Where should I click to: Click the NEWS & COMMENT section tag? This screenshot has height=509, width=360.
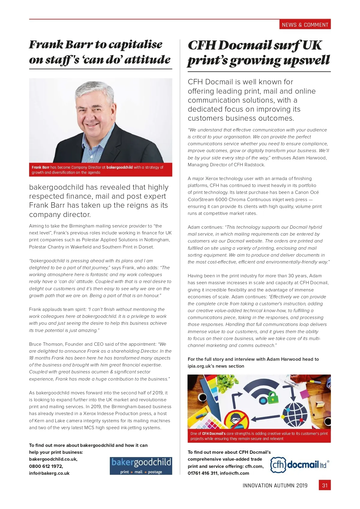pos(305,25)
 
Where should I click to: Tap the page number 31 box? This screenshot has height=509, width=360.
pos(325,485)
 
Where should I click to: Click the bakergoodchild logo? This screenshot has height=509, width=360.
pos(141,466)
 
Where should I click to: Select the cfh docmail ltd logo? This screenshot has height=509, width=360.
pos(299,465)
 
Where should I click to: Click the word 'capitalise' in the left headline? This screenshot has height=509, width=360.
pos(135,45)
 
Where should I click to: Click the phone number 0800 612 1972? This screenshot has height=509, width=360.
pos(46,466)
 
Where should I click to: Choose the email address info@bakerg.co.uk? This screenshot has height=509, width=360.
pos(49,473)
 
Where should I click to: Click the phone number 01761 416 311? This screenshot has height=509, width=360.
pos(202,473)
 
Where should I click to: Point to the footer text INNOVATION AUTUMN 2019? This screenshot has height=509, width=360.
pos(275,485)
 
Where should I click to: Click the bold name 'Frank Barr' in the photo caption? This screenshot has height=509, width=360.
pos(40,167)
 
